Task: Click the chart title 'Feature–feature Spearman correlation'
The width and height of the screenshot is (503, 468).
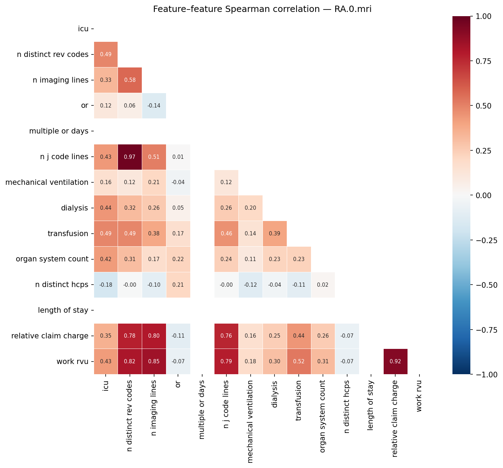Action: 262,9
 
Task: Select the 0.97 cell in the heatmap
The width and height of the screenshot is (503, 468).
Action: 130,157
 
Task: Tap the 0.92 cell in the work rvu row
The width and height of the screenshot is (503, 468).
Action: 395,362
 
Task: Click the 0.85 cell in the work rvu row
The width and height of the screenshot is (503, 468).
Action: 154,362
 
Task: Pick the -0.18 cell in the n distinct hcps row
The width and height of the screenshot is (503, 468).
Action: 106,285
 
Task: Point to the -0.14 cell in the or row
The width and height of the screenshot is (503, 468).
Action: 154,106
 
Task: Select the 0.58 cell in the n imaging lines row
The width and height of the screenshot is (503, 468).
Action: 130,80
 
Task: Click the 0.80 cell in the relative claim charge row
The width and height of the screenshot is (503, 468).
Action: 154,336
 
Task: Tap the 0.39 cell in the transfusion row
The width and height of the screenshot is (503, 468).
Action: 274,234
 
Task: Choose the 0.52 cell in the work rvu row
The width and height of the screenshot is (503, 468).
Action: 299,362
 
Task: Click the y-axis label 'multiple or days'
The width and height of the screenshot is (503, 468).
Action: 59,131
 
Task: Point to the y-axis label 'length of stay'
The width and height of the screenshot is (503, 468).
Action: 63,310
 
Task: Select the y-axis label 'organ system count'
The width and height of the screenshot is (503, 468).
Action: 52,259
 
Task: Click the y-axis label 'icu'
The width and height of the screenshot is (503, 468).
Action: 83,29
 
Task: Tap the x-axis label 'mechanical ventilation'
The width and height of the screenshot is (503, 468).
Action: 250,421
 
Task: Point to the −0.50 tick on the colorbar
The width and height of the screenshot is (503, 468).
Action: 486,285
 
